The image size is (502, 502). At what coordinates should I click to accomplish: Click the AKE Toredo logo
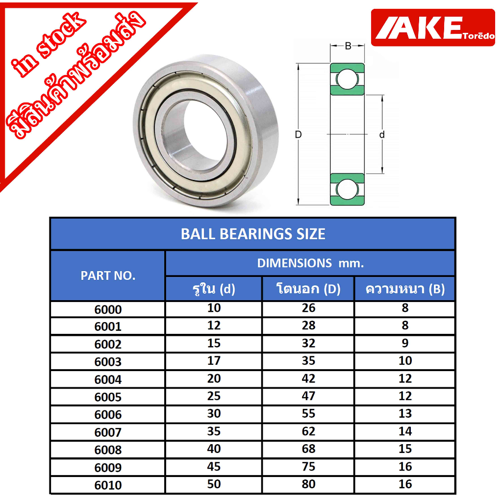[x=433, y=27]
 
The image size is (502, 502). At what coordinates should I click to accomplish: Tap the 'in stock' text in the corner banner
[x=48, y=45]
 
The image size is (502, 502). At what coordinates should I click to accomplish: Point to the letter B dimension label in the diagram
[x=348, y=46]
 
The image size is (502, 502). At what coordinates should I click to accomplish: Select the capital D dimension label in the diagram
[x=298, y=134]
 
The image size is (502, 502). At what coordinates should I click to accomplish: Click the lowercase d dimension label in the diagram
[x=381, y=134]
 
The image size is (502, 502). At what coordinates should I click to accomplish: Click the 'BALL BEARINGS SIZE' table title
[x=253, y=234]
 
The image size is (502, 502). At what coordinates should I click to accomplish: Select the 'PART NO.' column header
[x=108, y=276]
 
